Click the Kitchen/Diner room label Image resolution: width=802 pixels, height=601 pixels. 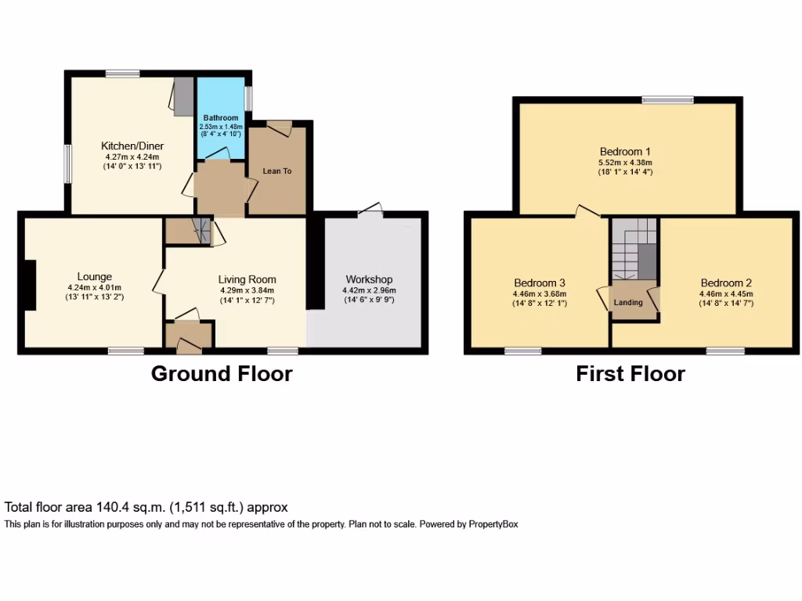coord(131,146)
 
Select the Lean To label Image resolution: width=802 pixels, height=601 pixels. coord(276,171)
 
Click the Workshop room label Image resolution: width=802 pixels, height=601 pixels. coord(369,279)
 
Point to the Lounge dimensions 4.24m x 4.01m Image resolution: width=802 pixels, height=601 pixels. coord(94,287)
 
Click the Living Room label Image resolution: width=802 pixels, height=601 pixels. coord(247,279)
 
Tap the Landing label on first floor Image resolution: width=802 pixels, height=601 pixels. coord(628,302)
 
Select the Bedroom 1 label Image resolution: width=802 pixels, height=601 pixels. coord(625,151)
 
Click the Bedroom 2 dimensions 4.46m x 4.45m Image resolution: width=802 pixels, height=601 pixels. coord(726,294)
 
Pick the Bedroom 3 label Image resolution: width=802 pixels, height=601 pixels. coord(540,283)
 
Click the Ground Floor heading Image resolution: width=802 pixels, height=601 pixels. coord(222,374)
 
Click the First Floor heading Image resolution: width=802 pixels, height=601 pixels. coord(630,374)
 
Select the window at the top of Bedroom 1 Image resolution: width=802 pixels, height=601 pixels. coord(667,99)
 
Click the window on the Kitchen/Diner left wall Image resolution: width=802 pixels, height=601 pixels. coord(67,164)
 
